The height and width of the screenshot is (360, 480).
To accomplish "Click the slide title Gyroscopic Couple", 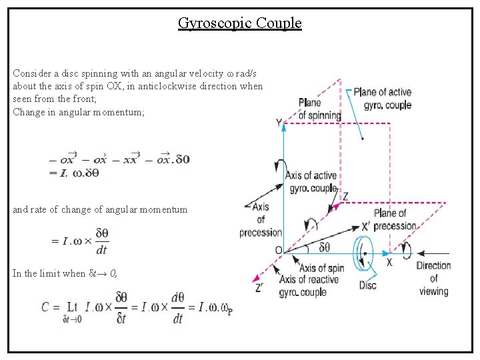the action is [x=240, y=23].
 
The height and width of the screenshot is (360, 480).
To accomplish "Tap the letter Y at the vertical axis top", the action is [x=279, y=123].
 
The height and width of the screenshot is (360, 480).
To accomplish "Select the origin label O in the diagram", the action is [x=278, y=251].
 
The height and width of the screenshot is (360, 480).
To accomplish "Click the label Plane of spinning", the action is [x=319, y=109].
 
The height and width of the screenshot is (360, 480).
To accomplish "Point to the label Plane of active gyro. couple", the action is [x=382, y=98].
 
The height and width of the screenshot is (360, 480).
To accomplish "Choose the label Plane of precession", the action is [x=395, y=219].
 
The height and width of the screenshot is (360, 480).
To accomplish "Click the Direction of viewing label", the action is [x=433, y=278].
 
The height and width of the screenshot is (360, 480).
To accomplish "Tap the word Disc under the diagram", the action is [x=367, y=285].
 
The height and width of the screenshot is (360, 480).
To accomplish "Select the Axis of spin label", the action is [x=321, y=268].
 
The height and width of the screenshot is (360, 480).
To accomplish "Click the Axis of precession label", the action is [x=261, y=220].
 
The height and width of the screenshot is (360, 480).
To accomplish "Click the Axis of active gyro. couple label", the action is [x=311, y=182].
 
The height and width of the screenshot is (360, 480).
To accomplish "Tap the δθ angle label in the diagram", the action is [x=325, y=247].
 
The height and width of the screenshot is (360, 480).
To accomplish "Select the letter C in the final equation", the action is [x=45, y=307].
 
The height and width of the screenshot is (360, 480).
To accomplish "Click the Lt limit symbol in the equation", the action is [x=72, y=307].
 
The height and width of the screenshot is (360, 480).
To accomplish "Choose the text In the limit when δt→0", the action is [x=65, y=273].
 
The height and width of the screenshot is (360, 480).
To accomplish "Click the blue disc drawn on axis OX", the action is [x=365, y=253].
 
